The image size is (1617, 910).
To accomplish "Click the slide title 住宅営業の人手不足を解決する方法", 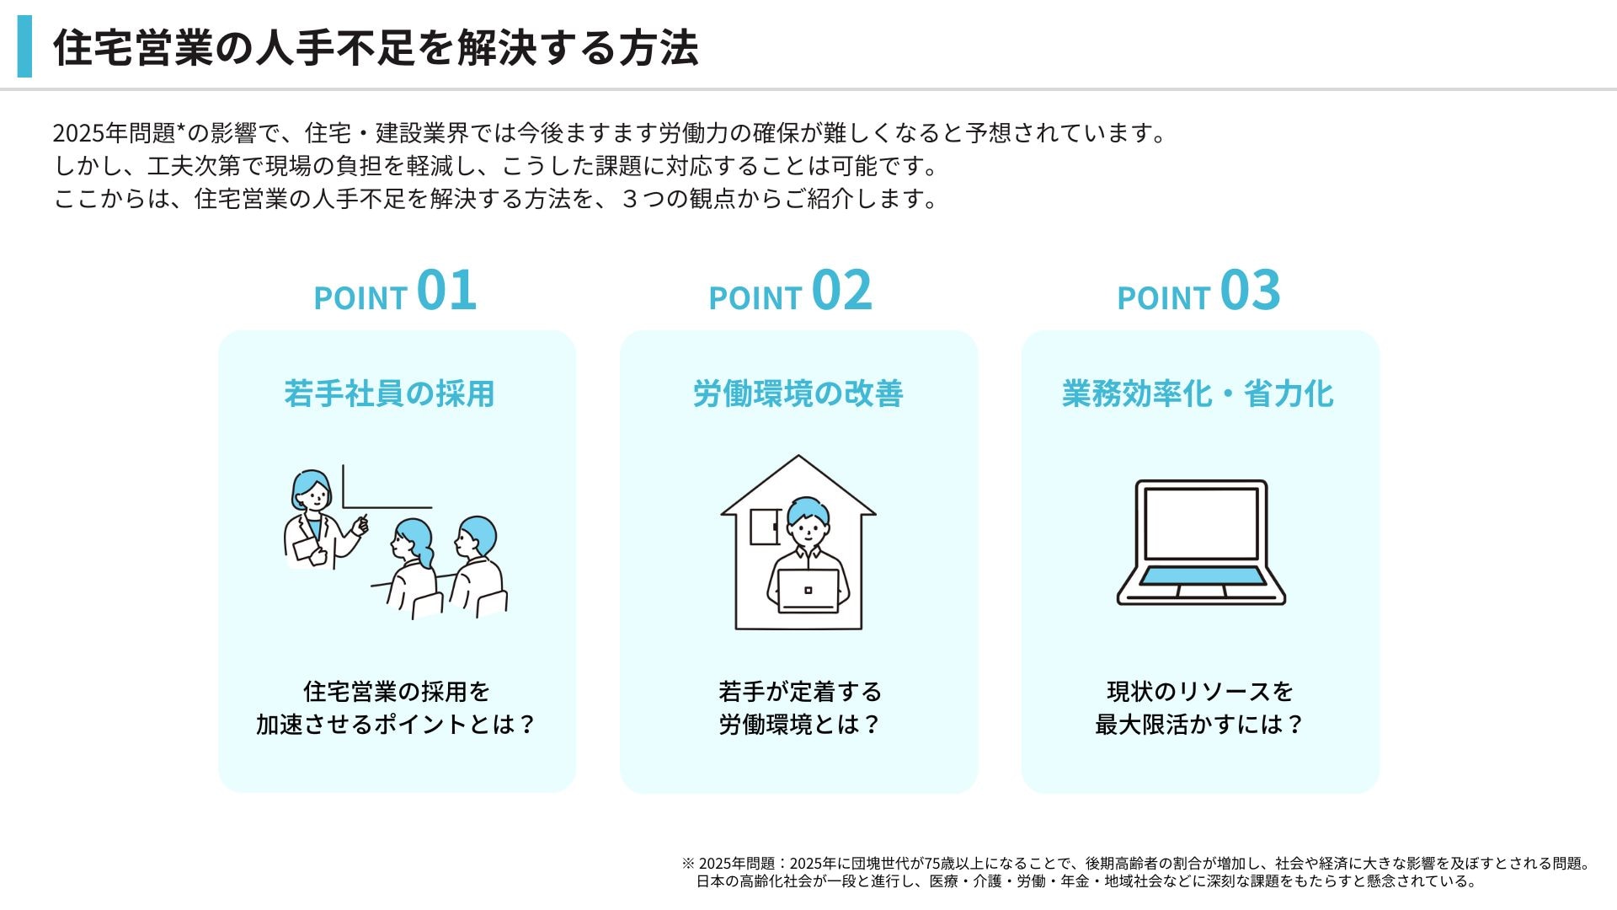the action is pyautogui.click(x=376, y=47).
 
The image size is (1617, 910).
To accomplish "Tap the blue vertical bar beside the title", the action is pyautogui.click(x=24, y=46).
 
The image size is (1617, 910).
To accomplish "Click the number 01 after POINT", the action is pyautogui.click(x=446, y=291).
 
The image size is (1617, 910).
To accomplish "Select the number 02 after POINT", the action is pyautogui.click(x=841, y=291).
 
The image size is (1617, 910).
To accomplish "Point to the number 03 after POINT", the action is pyautogui.click(x=1250, y=291).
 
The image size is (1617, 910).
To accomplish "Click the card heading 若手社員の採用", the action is pyautogui.click(x=389, y=393).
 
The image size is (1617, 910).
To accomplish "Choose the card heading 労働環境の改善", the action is pyautogui.click(x=798, y=393).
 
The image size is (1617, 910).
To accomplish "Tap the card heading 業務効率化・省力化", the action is pyautogui.click(x=1198, y=393).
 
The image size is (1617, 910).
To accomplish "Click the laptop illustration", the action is pyautogui.click(x=1201, y=543).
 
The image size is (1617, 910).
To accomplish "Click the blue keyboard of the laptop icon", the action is pyautogui.click(x=1201, y=576).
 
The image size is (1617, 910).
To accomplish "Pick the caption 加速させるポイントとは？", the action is pyautogui.click(x=396, y=724).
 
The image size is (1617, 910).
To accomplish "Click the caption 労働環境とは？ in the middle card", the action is pyautogui.click(x=799, y=724).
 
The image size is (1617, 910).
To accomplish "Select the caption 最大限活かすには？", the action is pyautogui.click(x=1199, y=724).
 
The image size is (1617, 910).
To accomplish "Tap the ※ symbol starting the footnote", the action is pyautogui.click(x=688, y=864).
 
